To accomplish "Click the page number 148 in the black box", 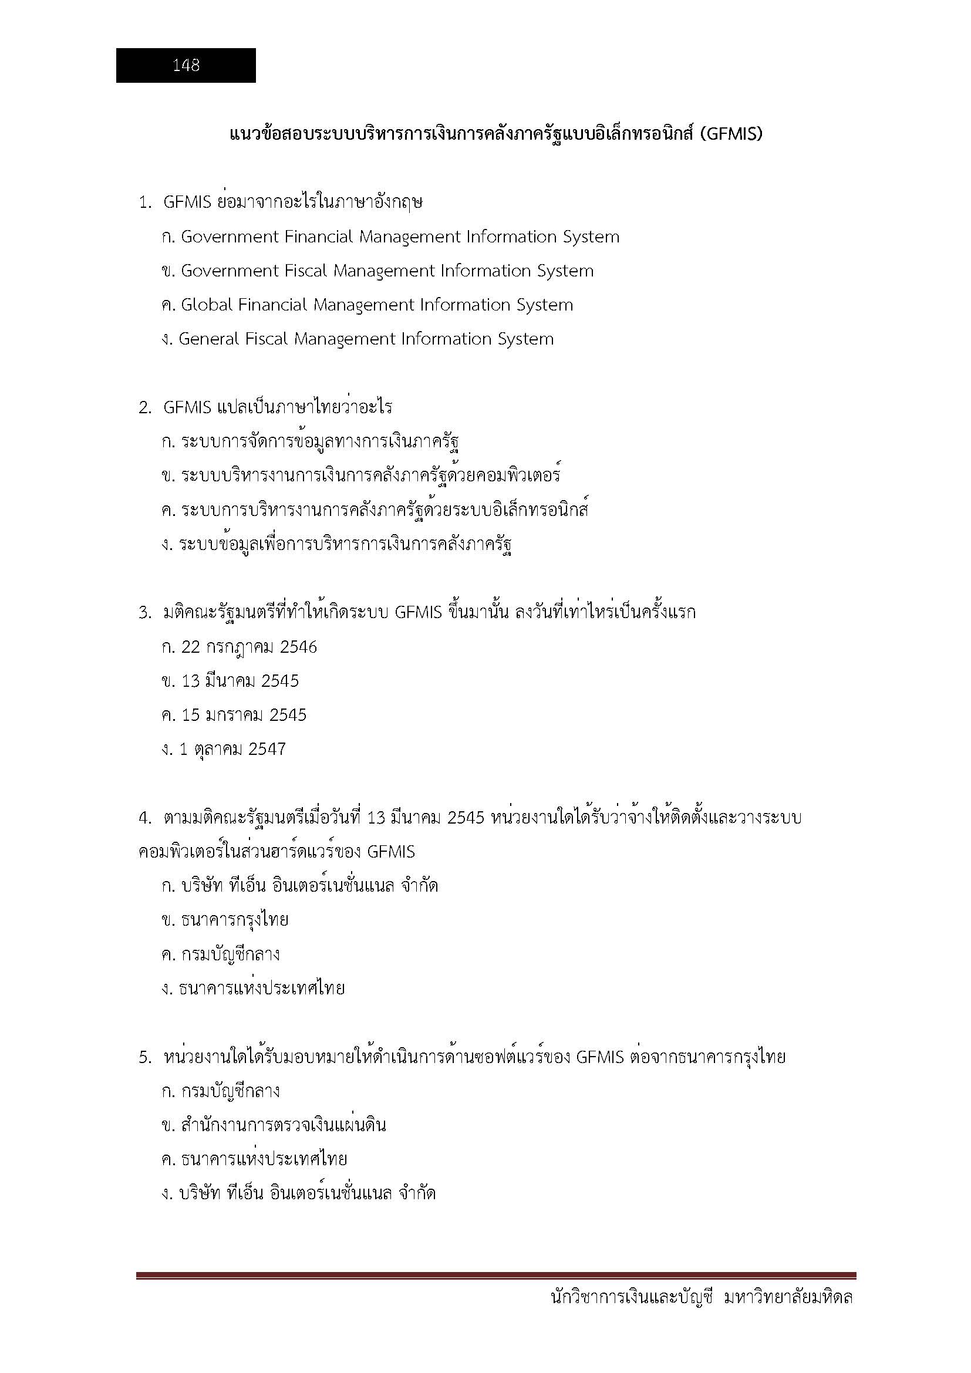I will click(x=186, y=65).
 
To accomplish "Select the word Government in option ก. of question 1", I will click(x=230, y=237).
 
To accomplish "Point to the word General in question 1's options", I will click(x=208, y=339).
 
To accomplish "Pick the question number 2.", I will click(x=144, y=408).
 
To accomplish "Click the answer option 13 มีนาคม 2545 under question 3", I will click(x=240, y=681).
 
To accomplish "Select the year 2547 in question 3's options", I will click(x=267, y=749).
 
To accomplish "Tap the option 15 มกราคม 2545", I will click(x=244, y=715).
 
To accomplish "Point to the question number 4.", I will click(x=144, y=818).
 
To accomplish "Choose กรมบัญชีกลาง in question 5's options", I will click(x=230, y=1091).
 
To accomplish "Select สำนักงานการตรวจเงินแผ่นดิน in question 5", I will click(x=284, y=1125).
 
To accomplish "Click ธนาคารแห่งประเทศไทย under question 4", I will click(x=262, y=988).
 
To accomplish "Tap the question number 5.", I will click(x=144, y=1058).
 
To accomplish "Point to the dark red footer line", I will click(x=495, y=1276).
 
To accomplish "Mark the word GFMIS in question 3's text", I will click(x=418, y=613).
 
